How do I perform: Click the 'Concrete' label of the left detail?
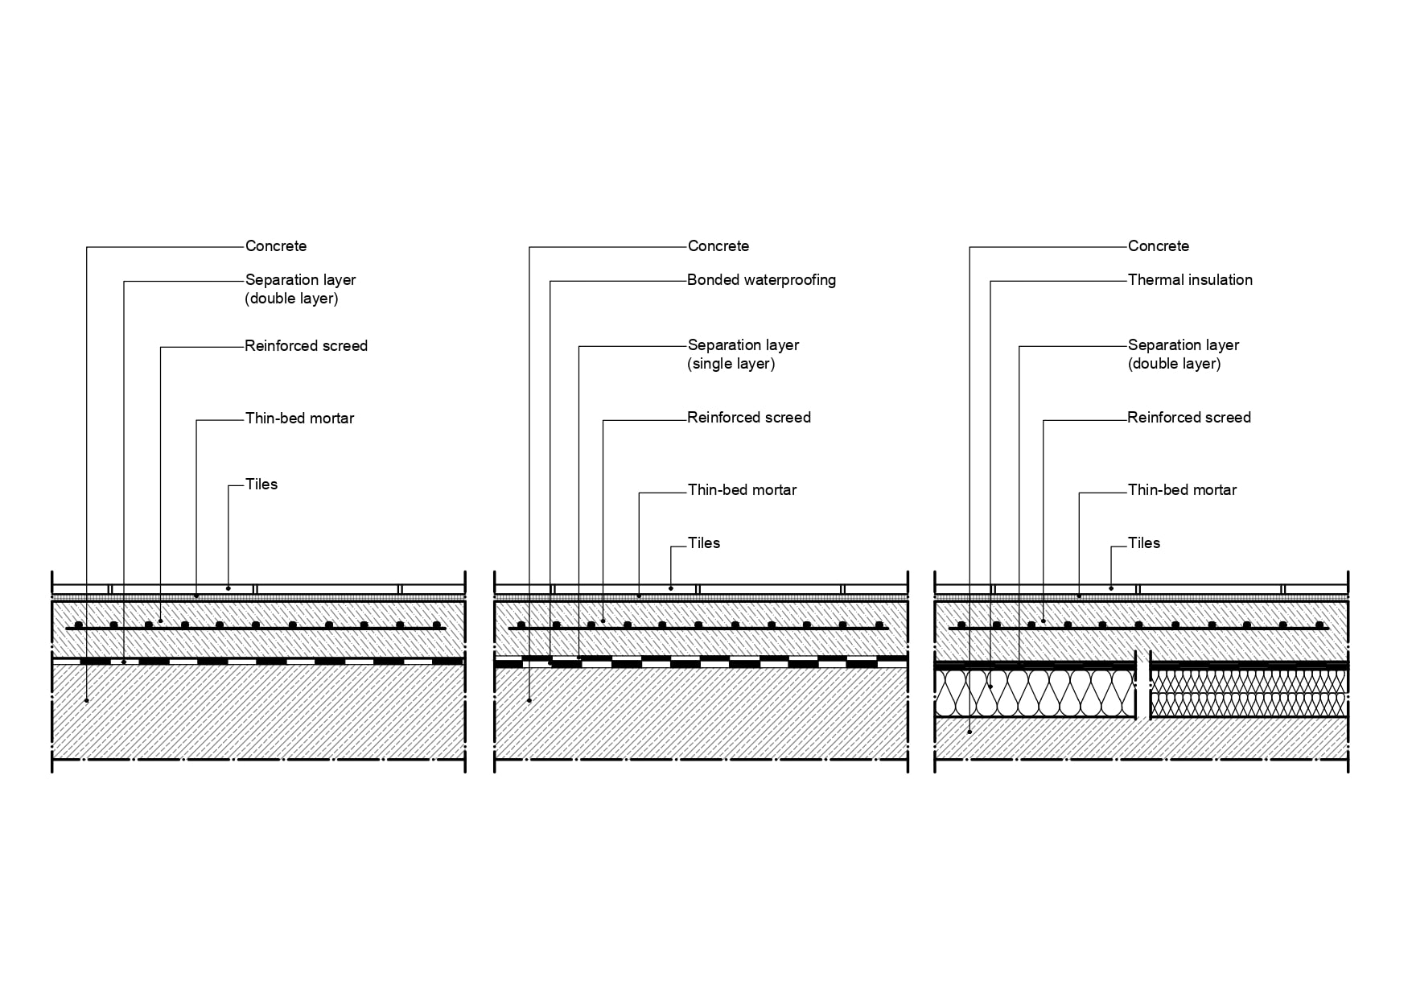click(x=276, y=246)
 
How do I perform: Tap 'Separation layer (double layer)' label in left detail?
click(x=300, y=289)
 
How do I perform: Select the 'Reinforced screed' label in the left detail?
click(x=306, y=346)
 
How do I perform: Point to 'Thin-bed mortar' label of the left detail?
click(x=299, y=419)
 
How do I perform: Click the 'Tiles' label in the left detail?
click(x=261, y=485)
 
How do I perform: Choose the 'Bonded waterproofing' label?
click(x=761, y=280)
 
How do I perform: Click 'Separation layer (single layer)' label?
click(x=743, y=354)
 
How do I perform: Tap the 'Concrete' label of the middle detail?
click(x=718, y=246)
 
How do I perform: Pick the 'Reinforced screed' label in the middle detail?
click(x=749, y=418)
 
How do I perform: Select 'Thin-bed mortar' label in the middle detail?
click(x=742, y=490)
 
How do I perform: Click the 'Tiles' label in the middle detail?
click(x=704, y=543)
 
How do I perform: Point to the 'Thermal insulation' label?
click(x=1190, y=280)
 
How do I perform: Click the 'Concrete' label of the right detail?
click(x=1159, y=246)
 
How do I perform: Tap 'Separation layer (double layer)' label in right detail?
click(x=1183, y=354)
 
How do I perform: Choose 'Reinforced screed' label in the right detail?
click(x=1189, y=418)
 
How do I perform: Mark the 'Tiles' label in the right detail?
click(x=1144, y=543)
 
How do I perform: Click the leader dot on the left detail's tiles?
click(x=228, y=588)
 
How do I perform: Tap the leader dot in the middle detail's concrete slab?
click(x=529, y=700)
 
